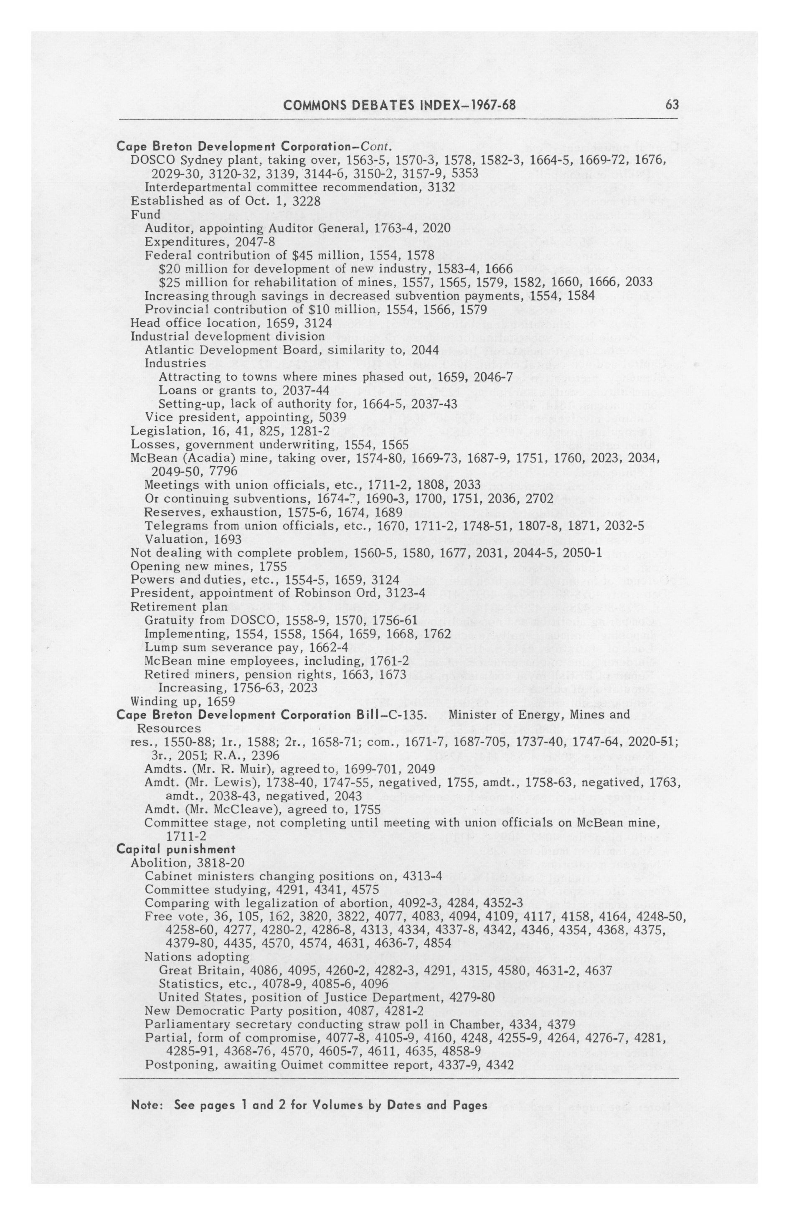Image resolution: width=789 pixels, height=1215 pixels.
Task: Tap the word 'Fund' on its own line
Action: (x=145, y=214)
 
